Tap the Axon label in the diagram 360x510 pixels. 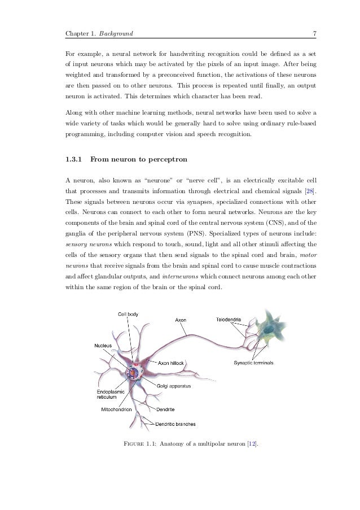point(181,320)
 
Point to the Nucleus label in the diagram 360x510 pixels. point(103,345)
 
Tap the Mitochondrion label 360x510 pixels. point(116,408)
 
